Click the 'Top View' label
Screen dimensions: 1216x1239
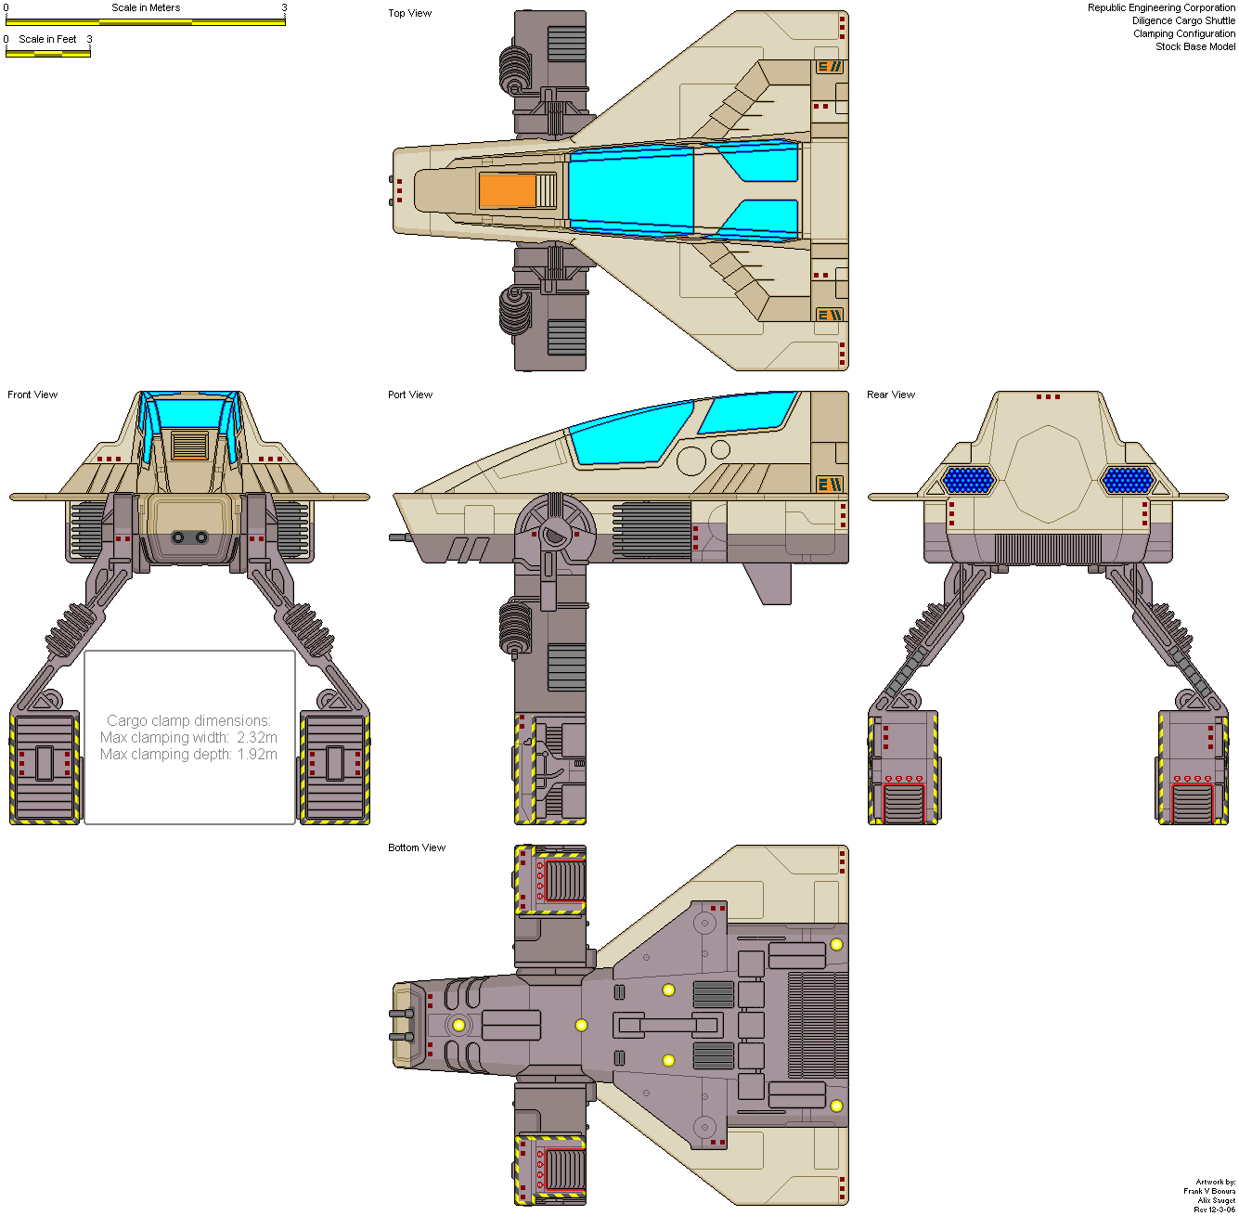[x=409, y=13]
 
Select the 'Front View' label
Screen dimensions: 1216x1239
[x=32, y=395]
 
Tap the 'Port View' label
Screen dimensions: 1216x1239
[x=410, y=395]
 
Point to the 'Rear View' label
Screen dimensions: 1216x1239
[x=891, y=395]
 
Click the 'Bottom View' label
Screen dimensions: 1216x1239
[x=417, y=847]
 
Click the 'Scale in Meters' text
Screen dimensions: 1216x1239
[x=146, y=7]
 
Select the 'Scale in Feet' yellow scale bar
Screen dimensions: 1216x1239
[x=48, y=53]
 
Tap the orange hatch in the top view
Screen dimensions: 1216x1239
[x=508, y=190]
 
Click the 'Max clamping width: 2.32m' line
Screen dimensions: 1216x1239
[x=188, y=737]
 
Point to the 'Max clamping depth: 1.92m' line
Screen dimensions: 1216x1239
[x=188, y=754]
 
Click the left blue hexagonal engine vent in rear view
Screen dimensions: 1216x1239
[x=968, y=480]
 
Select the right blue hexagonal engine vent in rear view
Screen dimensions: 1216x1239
[x=1128, y=480]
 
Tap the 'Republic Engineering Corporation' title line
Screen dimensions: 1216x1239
[x=1161, y=7]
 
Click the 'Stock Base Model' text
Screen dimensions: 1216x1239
[x=1194, y=46]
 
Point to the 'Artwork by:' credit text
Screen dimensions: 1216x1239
[x=1215, y=1182]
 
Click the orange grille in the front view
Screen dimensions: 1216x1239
[x=189, y=446]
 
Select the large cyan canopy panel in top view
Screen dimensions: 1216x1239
[x=631, y=190]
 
